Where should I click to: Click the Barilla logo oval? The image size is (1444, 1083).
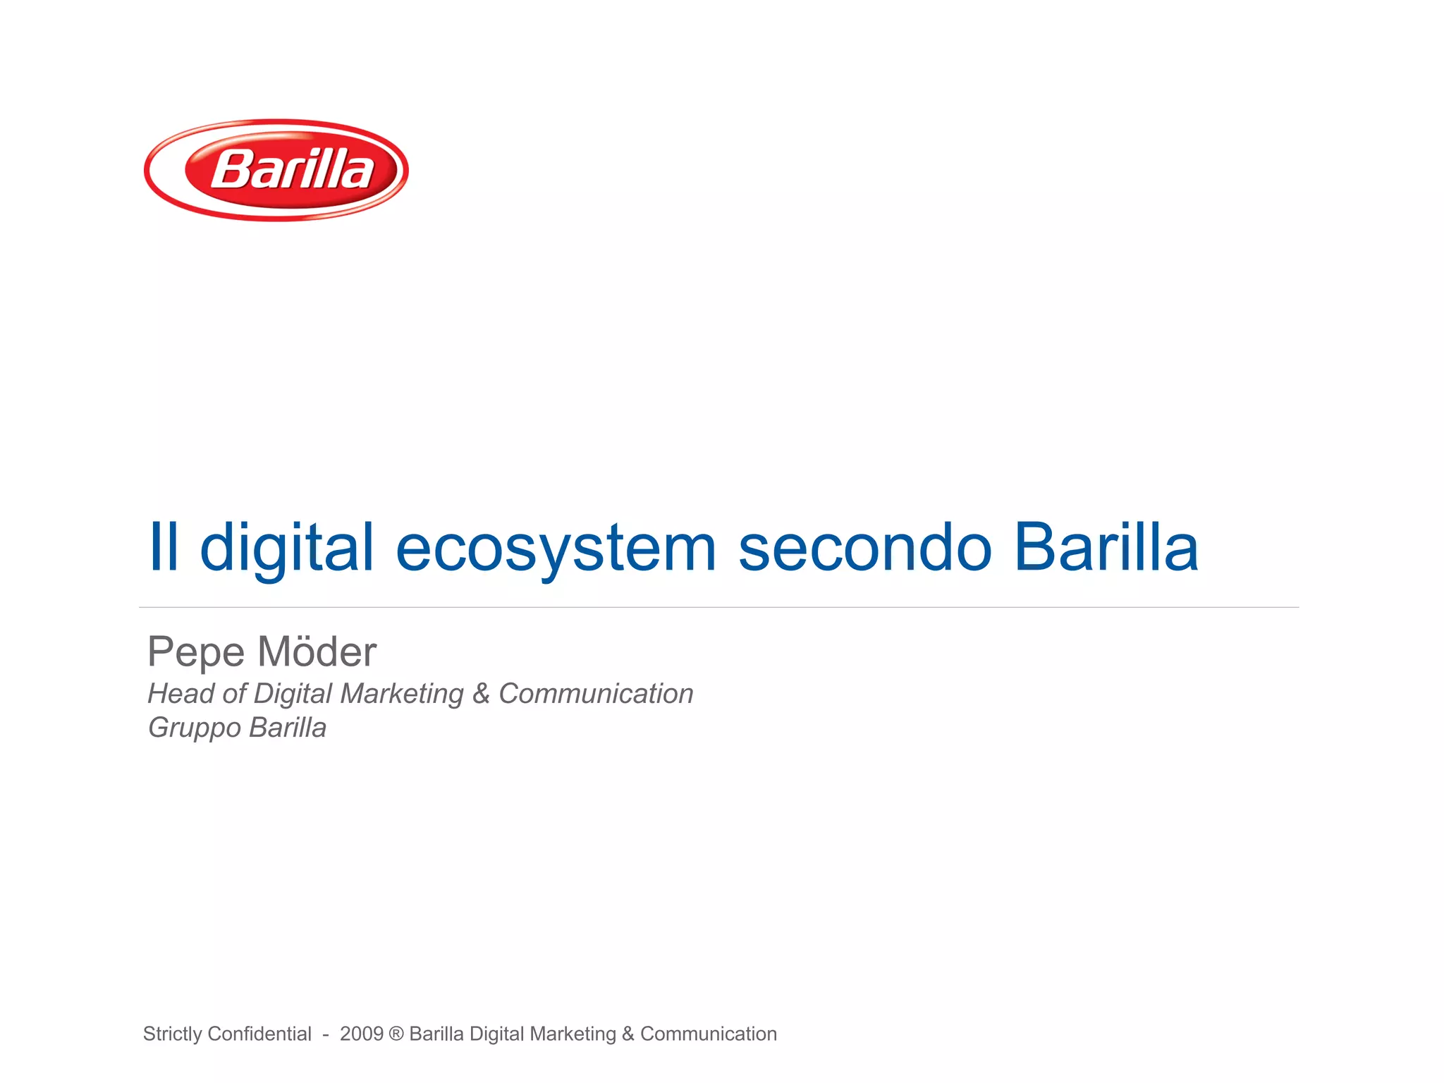[276, 170]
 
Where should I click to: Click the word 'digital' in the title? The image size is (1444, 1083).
[286, 548]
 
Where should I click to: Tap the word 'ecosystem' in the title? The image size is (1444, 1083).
[556, 548]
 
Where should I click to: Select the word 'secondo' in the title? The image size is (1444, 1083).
[865, 548]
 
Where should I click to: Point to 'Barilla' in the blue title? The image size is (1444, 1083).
[1106, 548]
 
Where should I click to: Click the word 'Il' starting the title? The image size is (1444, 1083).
[163, 548]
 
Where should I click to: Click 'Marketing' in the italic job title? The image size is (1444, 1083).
[402, 694]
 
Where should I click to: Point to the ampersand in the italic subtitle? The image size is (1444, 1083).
[481, 694]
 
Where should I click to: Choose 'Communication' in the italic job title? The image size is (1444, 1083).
[596, 694]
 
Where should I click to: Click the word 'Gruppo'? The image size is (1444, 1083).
[194, 728]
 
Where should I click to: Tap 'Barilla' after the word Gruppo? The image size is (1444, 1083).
[288, 728]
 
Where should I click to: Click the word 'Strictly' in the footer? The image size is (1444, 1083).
[173, 1034]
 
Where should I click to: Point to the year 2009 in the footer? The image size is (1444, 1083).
[362, 1034]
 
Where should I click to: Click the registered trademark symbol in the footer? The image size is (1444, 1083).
[396, 1034]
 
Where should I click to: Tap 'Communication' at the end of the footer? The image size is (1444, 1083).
[708, 1034]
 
